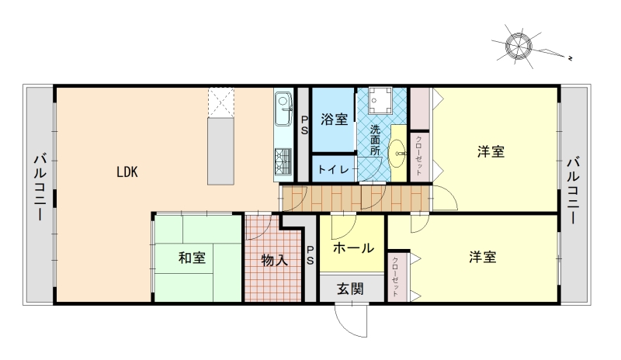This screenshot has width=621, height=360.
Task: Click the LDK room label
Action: tap(127, 172)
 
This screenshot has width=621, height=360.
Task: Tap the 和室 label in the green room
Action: tap(192, 258)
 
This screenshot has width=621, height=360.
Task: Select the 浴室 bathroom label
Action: tap(335, 119)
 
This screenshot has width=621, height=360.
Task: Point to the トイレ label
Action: tap(334, 169)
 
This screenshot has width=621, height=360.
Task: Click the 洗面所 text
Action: tap(375, 140)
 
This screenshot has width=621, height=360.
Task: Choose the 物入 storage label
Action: tap(275, 260)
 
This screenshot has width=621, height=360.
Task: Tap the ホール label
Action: tap(353, 248)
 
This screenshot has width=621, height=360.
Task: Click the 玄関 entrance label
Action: tap(351, 289)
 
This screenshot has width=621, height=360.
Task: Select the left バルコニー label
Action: tap(40, 187)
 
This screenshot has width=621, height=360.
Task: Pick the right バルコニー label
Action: tap(574, 190)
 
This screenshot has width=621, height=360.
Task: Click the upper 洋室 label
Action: tap(491, 152)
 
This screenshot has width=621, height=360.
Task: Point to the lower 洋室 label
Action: tap(483, 257)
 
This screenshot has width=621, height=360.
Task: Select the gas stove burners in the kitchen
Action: tap(283, 161)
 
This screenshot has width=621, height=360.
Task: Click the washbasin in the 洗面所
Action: tap(397, 153)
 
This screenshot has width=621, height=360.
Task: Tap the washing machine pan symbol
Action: tap(380, 100)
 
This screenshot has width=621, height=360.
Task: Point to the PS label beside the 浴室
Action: tap(304, 125)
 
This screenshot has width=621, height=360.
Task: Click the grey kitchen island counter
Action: tap(220, 151)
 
